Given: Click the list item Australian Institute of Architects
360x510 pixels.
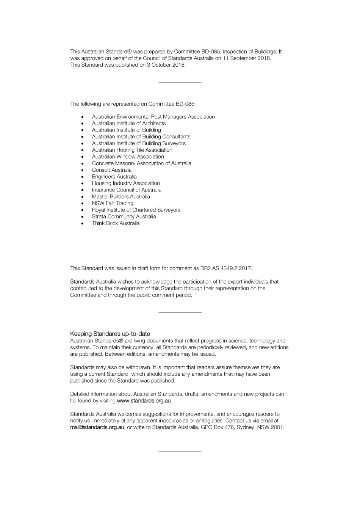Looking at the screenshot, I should pos(128,123).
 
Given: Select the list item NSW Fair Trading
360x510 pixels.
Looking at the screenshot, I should pos(113,203).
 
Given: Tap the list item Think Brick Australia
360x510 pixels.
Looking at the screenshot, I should pos(116,223).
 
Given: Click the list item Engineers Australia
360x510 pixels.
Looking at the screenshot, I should pos(114,177).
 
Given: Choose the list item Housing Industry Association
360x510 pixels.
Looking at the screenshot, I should pos(126,183).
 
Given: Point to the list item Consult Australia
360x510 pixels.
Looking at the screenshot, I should pos(111,170).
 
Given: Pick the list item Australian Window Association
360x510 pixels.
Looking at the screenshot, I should pos(128,157).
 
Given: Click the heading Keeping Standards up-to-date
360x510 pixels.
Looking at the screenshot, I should pos(110,334).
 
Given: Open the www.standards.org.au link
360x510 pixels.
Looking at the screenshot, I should pos(144,400).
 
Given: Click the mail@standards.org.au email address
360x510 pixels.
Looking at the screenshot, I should pos(97,427).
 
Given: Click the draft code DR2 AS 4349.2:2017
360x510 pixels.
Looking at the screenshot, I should pos(225,268).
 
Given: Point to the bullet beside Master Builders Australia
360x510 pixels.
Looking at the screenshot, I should pos(82,197).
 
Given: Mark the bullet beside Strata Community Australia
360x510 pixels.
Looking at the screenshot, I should pos(82,217).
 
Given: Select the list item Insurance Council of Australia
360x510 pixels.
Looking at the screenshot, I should pos(127,190).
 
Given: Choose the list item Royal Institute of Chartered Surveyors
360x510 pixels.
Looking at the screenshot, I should pos(136,210).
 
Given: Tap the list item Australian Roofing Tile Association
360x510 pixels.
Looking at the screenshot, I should pos(132,150).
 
